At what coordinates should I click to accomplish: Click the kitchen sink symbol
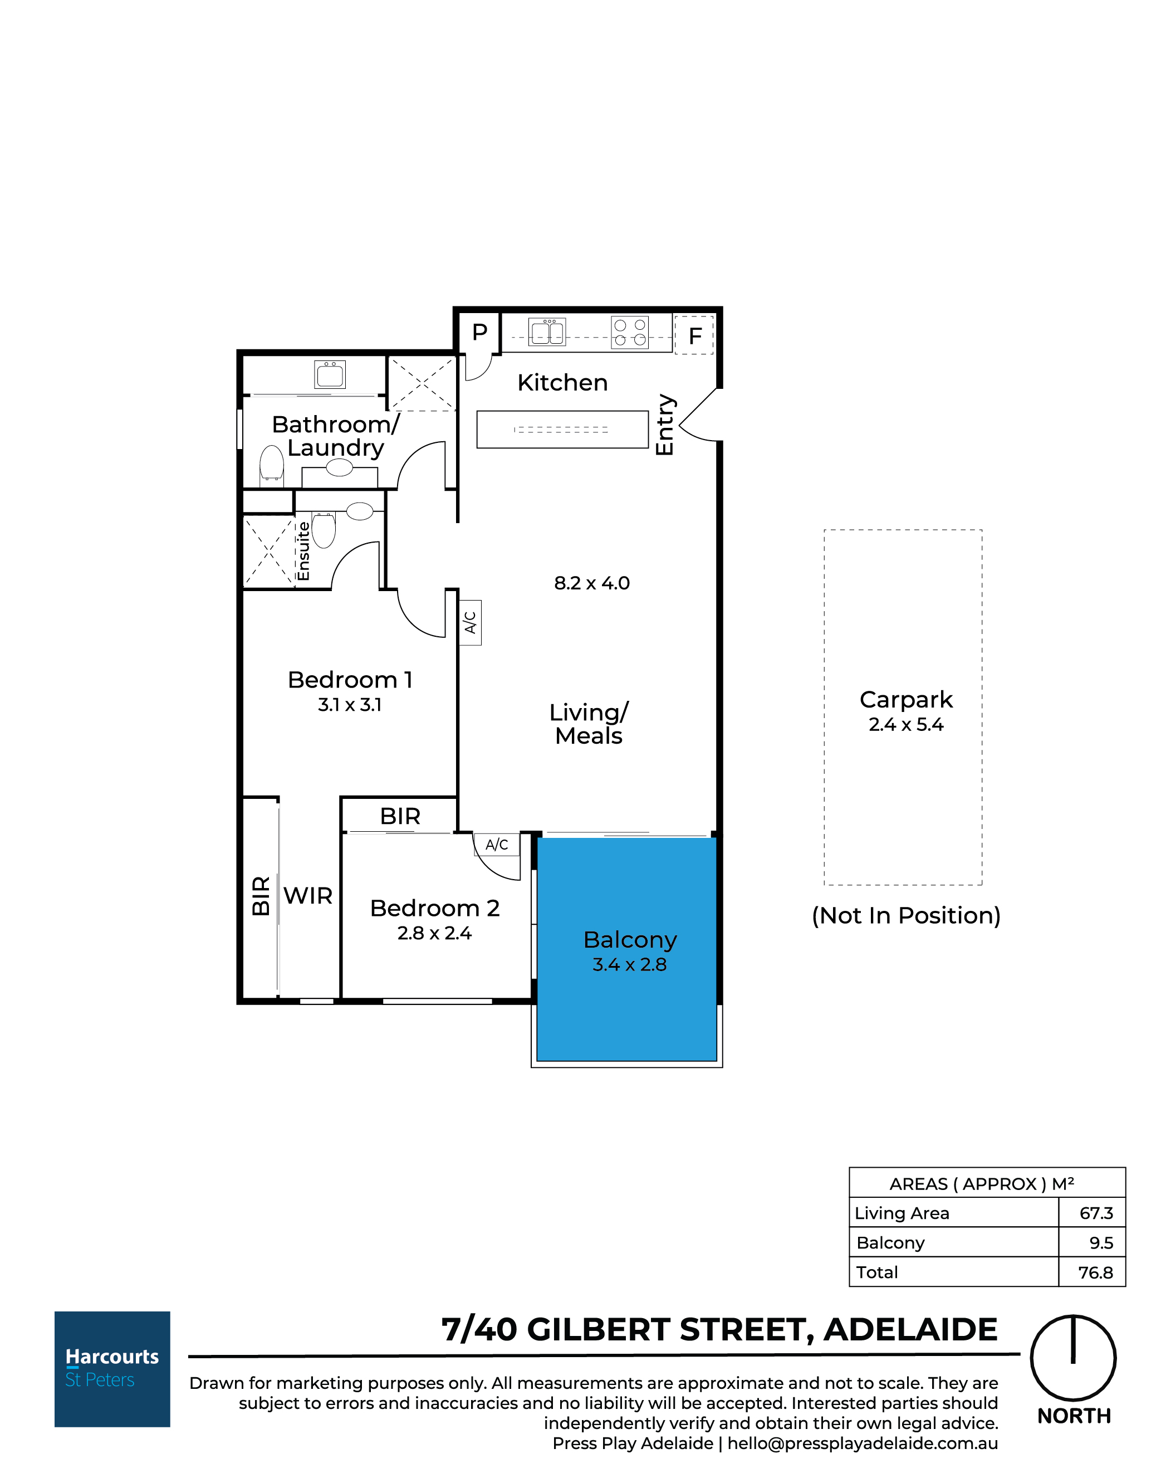coord(547,333)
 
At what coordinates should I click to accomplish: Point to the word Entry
coord(664,425)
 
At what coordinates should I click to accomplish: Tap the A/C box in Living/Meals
coord(470,622)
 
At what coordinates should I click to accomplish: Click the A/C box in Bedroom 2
coord(496,845)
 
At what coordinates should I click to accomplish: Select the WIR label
coord(308,896)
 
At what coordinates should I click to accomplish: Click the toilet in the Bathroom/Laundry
coord(271,462)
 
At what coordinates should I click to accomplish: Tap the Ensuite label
coord(303,552)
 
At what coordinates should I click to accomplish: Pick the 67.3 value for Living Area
coord(1096,1213)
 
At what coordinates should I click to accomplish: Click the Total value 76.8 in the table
coord(1095,1272)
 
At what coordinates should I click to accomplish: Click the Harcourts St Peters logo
coord(112,1368)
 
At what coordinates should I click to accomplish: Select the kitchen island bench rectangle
coord(562,429)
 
